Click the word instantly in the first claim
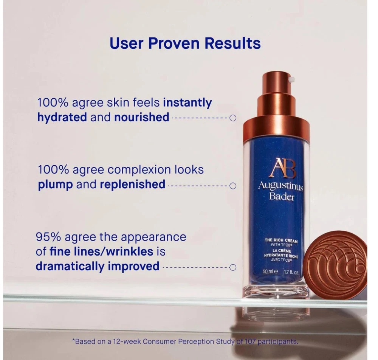click(187, 103)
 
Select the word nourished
click(142, 117)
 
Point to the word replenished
click(133, 184)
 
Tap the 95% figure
click(48, 237)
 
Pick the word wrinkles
click(130, 251)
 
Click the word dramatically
click(70, 267)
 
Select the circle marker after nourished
click(233, 118)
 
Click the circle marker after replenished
click(233, 186)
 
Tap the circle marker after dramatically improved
click(233, 267)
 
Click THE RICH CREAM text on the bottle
click(281, 241)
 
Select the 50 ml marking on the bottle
click(270, 272)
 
